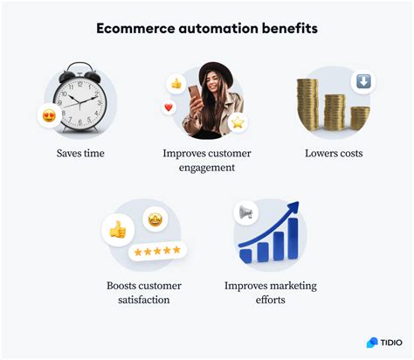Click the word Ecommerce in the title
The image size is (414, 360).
(135, 29)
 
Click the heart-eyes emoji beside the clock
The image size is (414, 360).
(49, 114)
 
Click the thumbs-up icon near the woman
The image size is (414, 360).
(176, 84)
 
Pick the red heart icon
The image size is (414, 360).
(169, 108)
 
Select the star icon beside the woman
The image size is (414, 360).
(237, 123)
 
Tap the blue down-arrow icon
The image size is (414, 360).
(362, 82)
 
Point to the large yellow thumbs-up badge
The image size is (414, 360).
(117, 230)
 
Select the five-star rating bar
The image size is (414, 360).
(157, 251)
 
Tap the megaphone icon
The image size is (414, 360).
(245, 212)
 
